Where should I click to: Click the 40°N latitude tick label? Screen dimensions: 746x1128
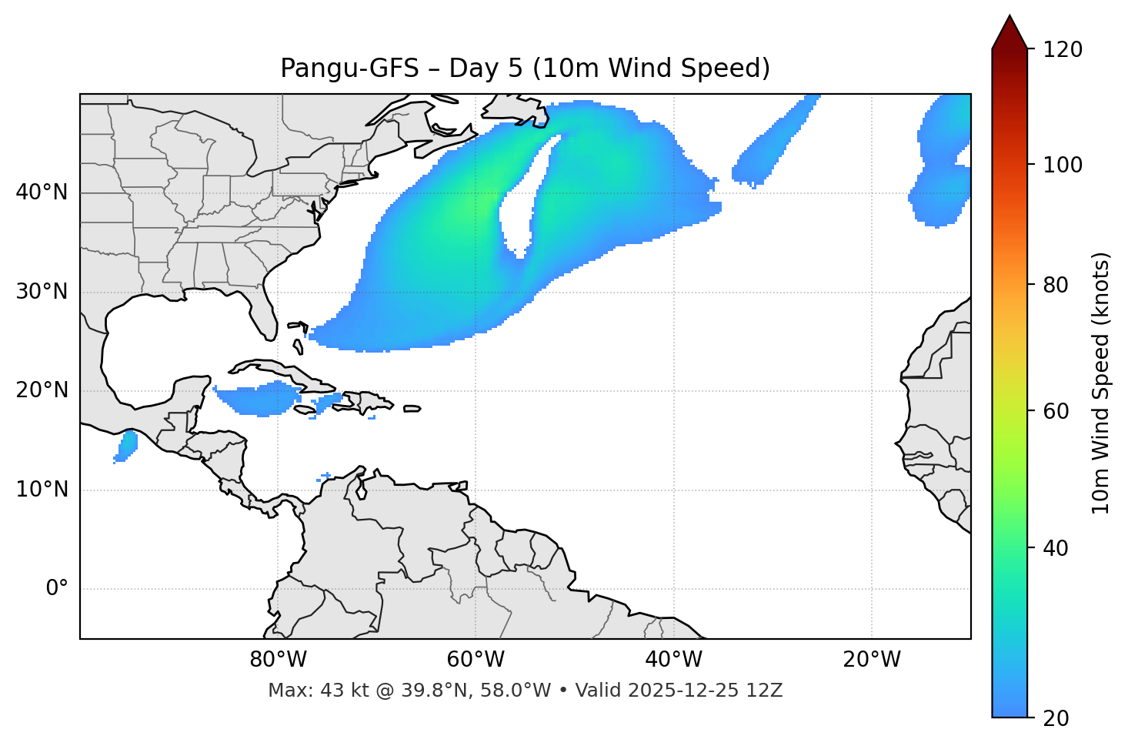tap(42, 192)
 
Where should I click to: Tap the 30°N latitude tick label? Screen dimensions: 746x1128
tap(42, 292)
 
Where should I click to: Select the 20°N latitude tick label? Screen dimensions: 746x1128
tap(42, 390)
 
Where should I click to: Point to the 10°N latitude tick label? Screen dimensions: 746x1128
tap(42, 490)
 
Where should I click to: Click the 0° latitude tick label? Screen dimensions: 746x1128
tap(56, 589)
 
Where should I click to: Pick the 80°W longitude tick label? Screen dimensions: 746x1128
tap(278, 660)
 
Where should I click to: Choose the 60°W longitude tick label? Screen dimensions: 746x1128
tap(476, 660)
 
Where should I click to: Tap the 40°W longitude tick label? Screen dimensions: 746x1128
tap(673, 660)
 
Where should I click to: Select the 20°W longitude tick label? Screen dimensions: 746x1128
tap(871, 660)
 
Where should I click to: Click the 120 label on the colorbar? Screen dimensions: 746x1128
tap(1063, 50)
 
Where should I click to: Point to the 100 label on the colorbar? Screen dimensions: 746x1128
tap(1063, 165)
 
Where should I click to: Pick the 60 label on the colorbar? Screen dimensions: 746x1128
tap(1056, 411)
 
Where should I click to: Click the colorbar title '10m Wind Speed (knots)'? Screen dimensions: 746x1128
tap(1101, 383)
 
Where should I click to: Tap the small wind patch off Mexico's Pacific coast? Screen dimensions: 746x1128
tap(126, 445)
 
